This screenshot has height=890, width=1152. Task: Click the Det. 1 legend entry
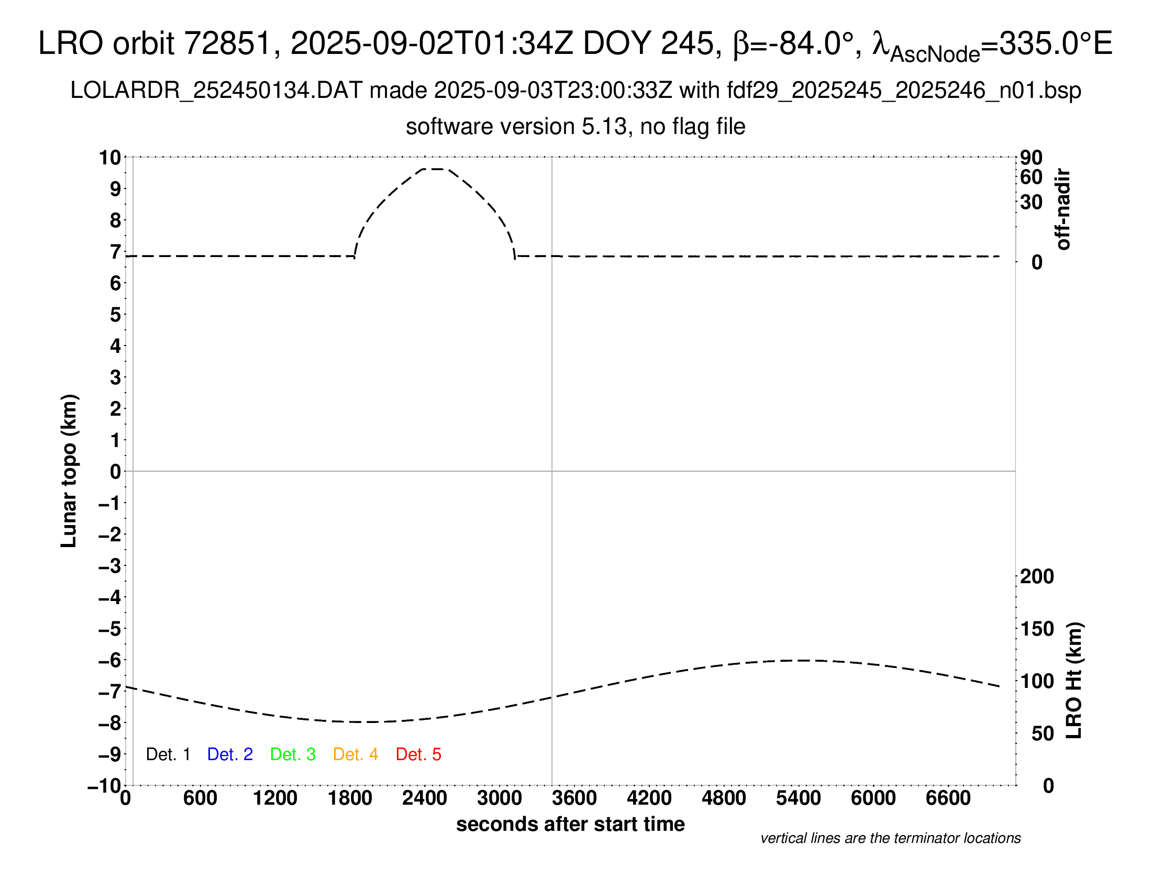168,754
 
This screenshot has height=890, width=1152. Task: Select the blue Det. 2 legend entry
230,754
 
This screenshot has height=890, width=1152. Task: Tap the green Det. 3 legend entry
293,754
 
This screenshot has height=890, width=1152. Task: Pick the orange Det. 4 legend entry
356,754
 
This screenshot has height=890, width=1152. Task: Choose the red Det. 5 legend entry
418,754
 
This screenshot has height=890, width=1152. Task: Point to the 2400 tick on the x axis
425,798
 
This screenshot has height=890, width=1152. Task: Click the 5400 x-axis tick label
799,798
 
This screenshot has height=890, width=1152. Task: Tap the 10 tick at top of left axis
110,157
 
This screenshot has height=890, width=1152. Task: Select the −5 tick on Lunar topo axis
110,629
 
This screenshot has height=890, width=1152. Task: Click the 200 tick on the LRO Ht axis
1037,576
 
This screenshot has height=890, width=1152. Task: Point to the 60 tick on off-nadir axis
1031,177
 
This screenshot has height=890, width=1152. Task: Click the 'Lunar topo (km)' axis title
69,471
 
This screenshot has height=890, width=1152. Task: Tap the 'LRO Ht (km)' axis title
1074,681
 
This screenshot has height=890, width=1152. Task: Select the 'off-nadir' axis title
1064,209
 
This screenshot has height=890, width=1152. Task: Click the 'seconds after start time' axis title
570,824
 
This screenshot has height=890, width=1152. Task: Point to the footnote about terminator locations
890,838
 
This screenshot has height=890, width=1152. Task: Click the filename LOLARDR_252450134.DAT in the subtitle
216,91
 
